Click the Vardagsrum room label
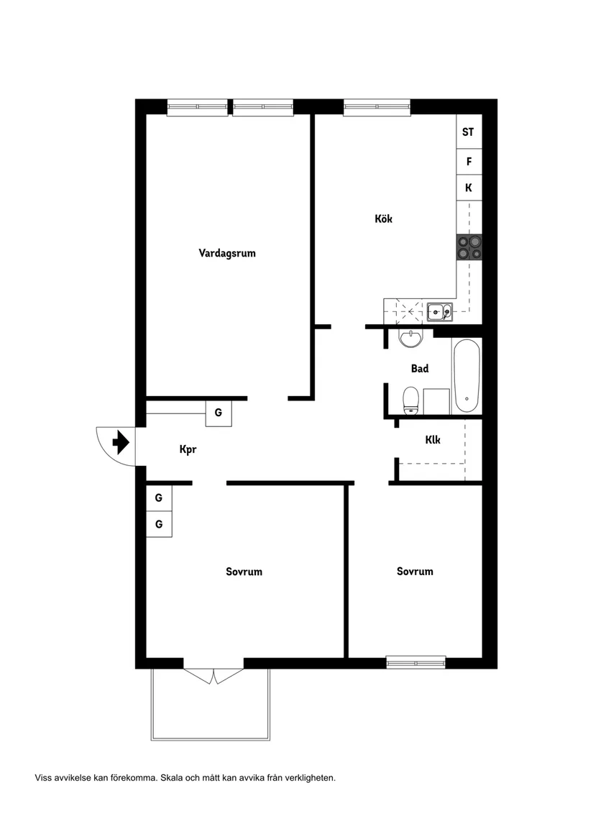coord(227,253)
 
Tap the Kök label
coord(383,219)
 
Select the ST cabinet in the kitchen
coord(468,132)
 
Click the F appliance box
coord(469,162)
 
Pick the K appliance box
coord(469,188)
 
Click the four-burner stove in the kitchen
coord(469,247)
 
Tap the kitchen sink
coord(438,312)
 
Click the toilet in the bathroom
coord(410,400)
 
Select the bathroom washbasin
coord(411,338)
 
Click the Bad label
coord(420,369)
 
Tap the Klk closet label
coord(433,439)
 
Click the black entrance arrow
coord(120,441)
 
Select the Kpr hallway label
coord(188,450)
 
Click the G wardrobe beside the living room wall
coord(219,413)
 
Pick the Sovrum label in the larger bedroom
coord(244,572)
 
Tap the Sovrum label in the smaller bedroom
coord(415,572)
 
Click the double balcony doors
coord(215,675)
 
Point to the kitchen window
coord(377,108)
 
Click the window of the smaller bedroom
coord(415,662)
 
